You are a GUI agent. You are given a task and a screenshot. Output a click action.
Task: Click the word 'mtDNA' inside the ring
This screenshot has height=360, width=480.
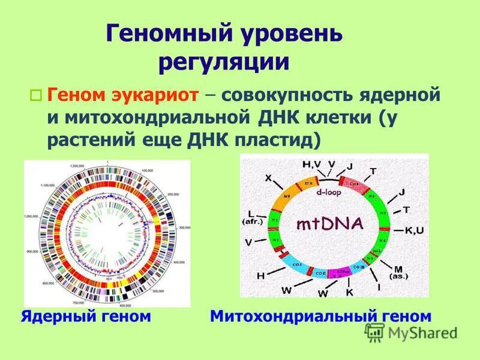click(329, 226)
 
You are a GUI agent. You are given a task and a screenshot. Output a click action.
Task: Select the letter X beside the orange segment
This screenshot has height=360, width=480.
click(268, 178)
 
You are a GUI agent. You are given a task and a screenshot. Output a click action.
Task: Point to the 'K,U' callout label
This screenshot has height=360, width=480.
click(415, 230)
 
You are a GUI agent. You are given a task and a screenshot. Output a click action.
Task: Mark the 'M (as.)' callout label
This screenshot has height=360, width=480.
click(398, 272)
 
